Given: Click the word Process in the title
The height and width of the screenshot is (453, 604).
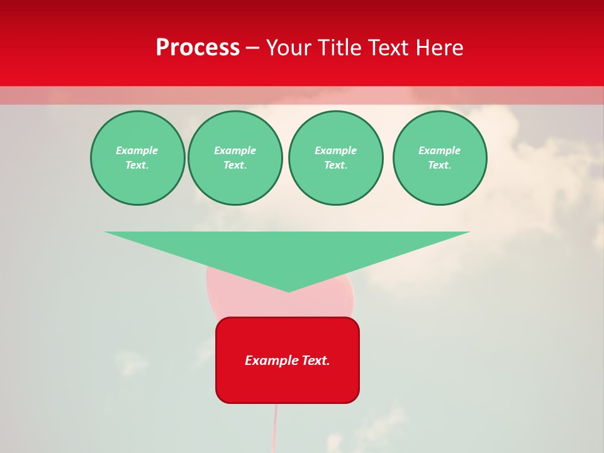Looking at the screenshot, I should pyautogui.click(x=198, y=48).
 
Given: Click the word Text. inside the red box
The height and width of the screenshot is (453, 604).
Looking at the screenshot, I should pyautogui.click(x=316, y=361).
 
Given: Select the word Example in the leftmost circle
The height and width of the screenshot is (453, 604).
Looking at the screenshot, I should pyautogui.click(x=137, y=150).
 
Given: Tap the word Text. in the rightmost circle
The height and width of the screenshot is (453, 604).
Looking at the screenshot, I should pyautogui.click(x=440, y=165).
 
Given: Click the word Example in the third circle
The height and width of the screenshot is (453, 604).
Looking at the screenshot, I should pyautogui.click(x=335, y=150).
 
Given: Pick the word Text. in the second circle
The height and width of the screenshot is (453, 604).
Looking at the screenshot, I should pyautogui.click(x=235, y=165).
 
